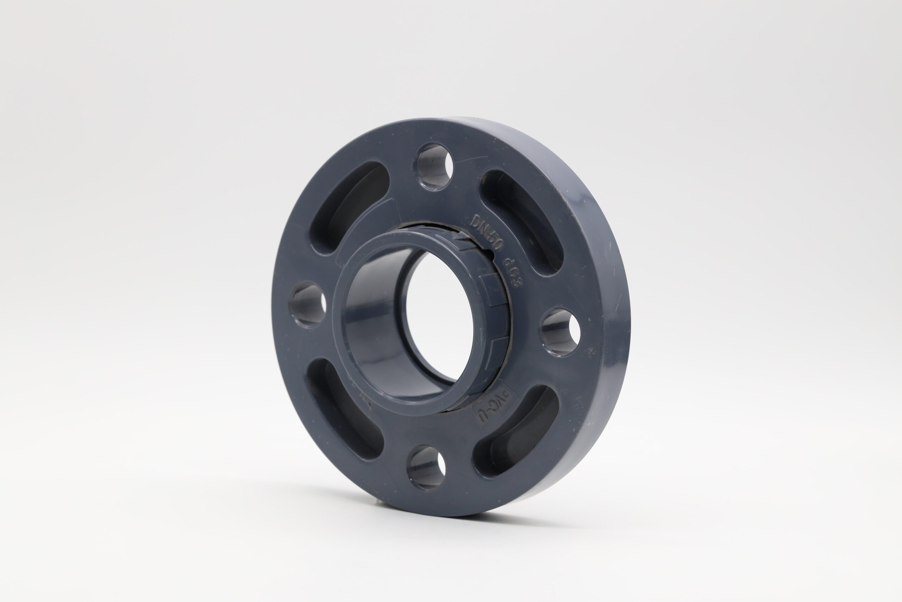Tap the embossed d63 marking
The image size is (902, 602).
click(512, 273)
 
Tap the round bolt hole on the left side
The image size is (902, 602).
click(309, 304)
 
